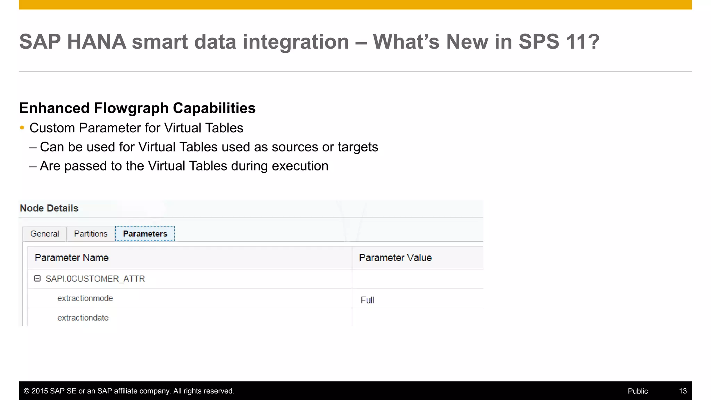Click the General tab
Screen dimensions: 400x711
pyautogui.click(x=44, y=234)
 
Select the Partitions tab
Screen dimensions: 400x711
pyautogui.click(x=91, y=234)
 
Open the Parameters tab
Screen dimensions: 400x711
pyautogui.click(x=145, y=234)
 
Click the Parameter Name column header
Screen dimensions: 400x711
pyautogui.click(x=72, y=258)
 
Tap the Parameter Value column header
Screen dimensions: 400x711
pyautogui.click(x=395, y=258)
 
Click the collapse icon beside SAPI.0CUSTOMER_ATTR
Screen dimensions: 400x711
pyautogui.click(x=37, y=278)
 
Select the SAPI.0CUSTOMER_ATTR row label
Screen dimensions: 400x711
pyautogui.click(x=95, y=279)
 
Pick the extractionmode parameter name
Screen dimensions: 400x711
pyautogui.click(x=85, y=298)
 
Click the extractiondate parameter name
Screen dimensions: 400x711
pyautogui.click(x=83, y=318)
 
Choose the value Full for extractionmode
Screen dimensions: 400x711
pyautogui.click(x=367, y=300)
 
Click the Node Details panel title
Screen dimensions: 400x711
pyautogui.click(x=49, y=208)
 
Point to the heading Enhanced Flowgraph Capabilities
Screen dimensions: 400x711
pyautogui.click(x=137, y=108)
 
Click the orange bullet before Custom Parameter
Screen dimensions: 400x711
pyautogui.click(x=22, y=128)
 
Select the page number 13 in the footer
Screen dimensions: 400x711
pyautogui.click(x=683, y=391)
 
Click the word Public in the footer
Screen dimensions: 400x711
pyautogui.click(x=637, y=391)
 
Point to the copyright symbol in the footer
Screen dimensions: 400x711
pyautogui.click(x=26, y=391)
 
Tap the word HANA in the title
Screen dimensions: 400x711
pyautogui.click(x=97, y=42)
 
